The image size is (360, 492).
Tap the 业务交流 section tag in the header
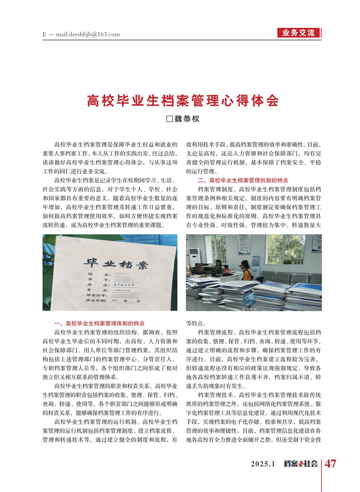click(x=299, y=33)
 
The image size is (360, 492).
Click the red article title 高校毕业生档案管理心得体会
click(x=182, y=100)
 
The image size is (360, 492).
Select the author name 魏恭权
click(x=186, y=119)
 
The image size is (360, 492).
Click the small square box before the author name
click(x=169, y=119)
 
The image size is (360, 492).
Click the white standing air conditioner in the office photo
click(x=193, y=261)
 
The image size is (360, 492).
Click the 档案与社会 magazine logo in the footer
click(x=301, y=464)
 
